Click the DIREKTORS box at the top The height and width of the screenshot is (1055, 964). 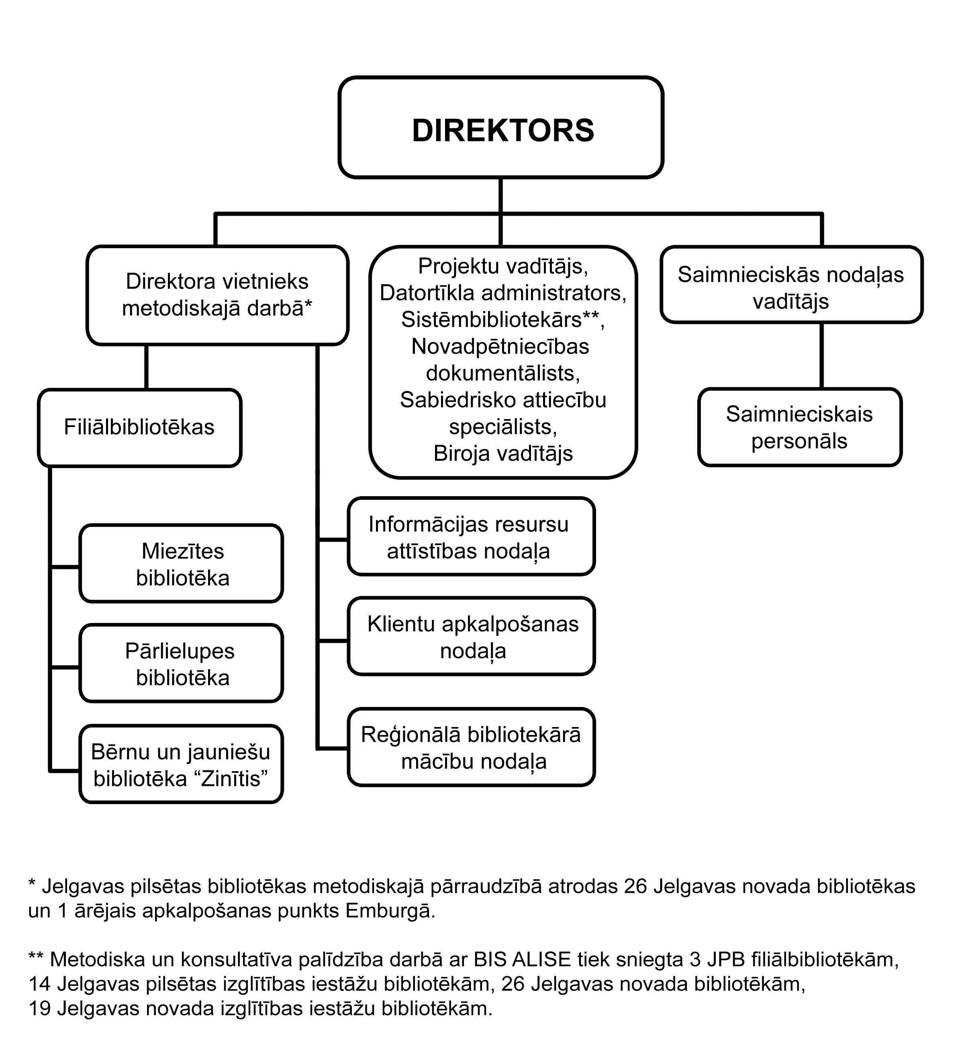(x=501, y=127)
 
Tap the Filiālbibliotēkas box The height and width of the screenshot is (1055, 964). (x=140, y=428)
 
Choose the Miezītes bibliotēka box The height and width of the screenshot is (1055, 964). (x=181, y=564)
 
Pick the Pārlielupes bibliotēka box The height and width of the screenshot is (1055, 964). (x=181, y=663)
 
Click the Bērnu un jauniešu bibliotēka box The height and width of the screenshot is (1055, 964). (x=181, y=765)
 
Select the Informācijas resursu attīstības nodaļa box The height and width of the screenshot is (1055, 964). (x=471, y=536)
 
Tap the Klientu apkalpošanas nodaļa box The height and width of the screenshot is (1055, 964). (x=471, y=636)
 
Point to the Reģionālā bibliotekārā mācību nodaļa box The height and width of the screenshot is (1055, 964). (x=471, y=747)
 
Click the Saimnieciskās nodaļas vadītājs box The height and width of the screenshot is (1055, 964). (x=791, y=285)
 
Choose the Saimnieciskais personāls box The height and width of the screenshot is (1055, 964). (x=800, y=427)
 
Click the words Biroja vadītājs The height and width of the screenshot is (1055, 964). (x=503, y=454)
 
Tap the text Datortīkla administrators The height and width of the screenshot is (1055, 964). (x=503, y=293)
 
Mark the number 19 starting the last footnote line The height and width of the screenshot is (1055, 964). (x=39, y=1008)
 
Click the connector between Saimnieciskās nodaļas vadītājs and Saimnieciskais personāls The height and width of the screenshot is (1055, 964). (x=821, y=356)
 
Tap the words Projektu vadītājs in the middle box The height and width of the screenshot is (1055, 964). (x=503, y=267)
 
